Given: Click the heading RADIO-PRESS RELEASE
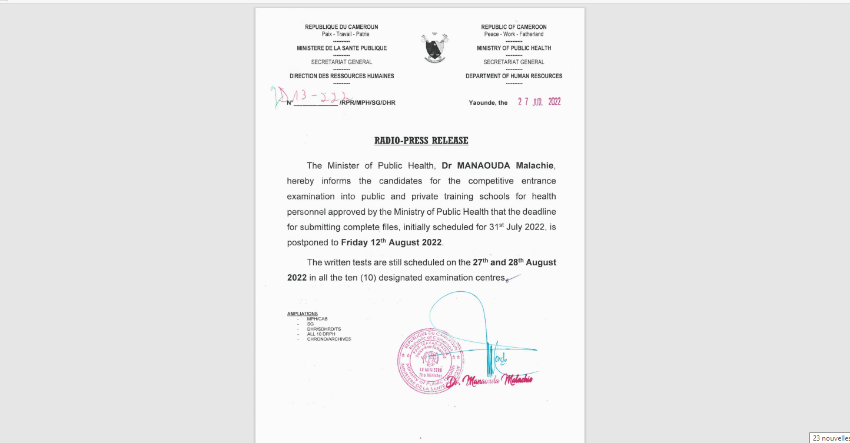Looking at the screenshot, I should (421, 141).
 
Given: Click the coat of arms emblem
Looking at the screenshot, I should (434, 48).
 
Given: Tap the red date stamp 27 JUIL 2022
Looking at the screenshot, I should (539, 102).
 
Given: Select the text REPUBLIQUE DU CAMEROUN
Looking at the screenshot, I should (341, 27).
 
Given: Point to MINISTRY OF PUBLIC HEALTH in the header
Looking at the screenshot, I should (514, 48).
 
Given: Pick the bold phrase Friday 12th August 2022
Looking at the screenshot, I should (391, 242).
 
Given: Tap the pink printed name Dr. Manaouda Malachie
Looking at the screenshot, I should (490, 381).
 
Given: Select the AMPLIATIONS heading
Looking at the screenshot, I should (303, 314).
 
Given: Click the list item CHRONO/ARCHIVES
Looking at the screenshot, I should (328, 339).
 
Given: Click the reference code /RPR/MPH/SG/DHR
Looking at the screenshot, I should (367, 103).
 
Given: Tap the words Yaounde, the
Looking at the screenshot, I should (488, 103).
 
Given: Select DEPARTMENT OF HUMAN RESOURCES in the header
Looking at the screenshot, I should (514, 76).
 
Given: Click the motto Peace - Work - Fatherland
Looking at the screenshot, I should (514, 34).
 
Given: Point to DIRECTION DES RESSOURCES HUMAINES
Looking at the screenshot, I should (341, 76).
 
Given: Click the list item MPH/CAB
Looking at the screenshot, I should (317, 319).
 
